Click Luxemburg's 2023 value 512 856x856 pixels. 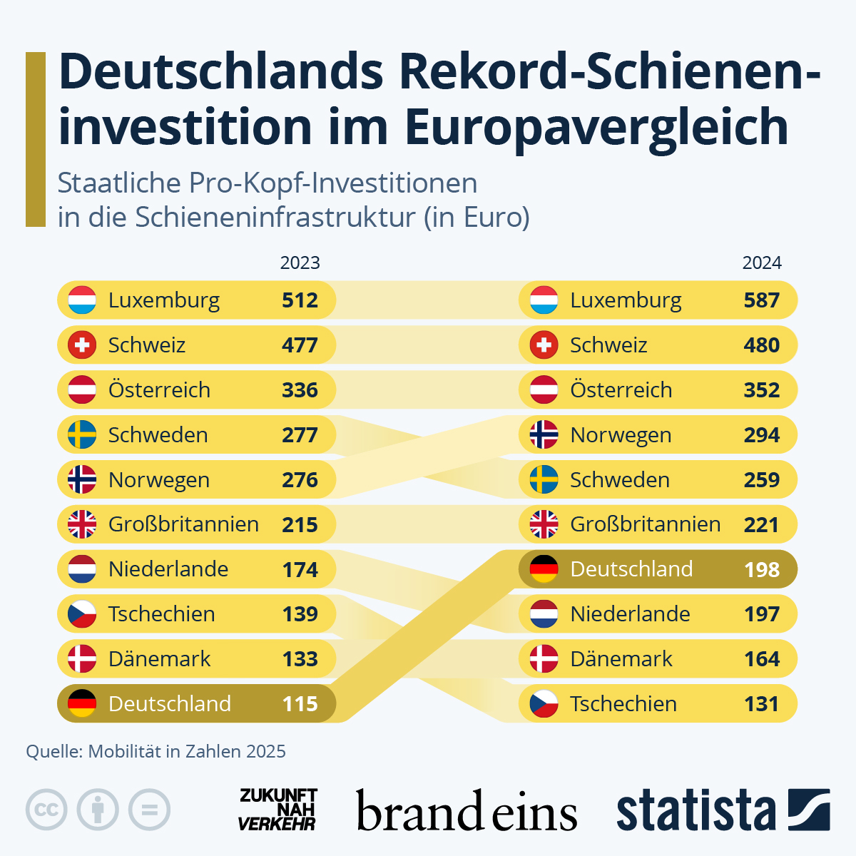pos(300,300)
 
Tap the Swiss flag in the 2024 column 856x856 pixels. pos(544,345)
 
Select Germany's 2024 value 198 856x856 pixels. pos(761,569)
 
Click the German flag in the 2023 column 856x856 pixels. pos(82,704)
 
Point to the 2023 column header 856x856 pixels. pos(300,263)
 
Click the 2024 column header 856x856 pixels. pos(761,263)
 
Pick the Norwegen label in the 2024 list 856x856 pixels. pos(621,435)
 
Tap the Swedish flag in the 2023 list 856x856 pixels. pos(82,435)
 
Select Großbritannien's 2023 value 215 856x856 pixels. pos(300,525)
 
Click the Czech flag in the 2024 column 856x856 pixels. pos(544,704)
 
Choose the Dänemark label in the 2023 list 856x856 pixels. pos(159,659)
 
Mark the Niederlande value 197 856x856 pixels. pos(761,614)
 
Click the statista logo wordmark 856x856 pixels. pos(695,810)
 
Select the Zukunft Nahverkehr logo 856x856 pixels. pos(277,810)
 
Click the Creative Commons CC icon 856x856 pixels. pos(46,810)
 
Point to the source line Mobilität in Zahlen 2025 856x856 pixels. pos(156,751)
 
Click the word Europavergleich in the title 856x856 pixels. pos(596,127)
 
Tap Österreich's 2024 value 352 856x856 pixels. pos(761,390)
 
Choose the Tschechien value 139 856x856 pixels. pos(300,614)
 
